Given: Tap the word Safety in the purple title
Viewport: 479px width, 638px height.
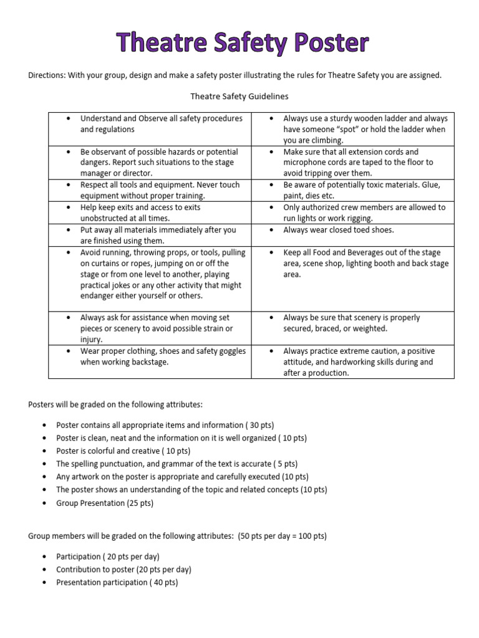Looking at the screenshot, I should click(x=239, y=44).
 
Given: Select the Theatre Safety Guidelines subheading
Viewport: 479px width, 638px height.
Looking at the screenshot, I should click(x=239, y=97).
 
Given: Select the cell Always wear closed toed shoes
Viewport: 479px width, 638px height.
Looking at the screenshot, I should click(x=339, y=230).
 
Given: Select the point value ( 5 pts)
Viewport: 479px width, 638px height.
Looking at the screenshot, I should click(x=286, y=464).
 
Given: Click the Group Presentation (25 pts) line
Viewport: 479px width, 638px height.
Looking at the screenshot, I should click(x=105, y=503).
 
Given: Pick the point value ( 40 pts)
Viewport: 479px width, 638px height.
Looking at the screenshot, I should click(x=163, y=583).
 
